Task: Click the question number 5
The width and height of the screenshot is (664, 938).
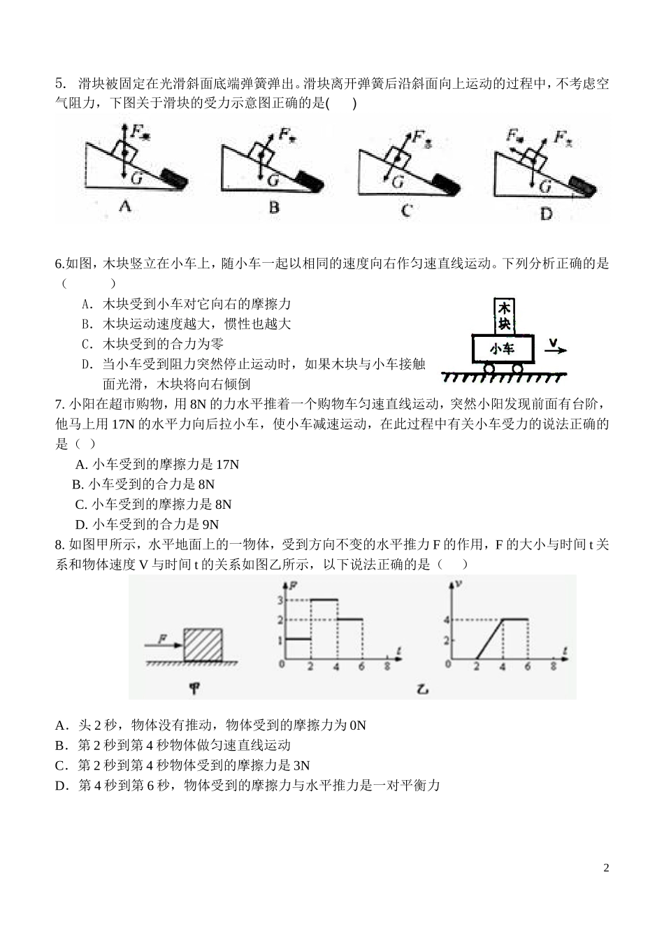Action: point(59,85)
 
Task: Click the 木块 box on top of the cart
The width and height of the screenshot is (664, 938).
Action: point(504,316)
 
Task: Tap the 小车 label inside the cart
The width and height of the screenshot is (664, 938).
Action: point(503,347)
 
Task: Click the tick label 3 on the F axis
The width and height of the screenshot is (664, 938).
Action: point(280,600)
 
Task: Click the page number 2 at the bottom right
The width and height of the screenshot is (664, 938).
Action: point(606,868)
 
